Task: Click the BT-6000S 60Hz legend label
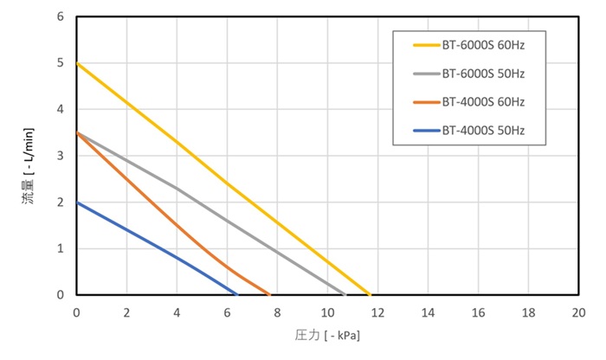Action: [x=483, y=45]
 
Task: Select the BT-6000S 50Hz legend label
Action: [x=483, y=74]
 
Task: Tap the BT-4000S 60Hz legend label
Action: [x=483, y=102]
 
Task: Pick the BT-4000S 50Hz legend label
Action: [x=483, y=131]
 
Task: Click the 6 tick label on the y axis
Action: [x=61, y=16]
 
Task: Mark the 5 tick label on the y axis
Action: [x=61, y=63]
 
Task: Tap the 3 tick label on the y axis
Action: [x=61, y=156]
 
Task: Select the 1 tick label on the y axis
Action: [x=61, y=248]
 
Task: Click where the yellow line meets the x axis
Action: [x=370, y=294]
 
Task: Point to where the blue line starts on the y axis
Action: [x=77, y=202]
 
